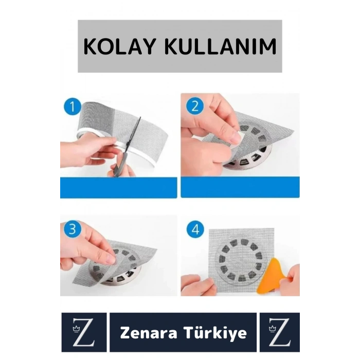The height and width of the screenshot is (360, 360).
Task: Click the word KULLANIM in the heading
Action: point(221,47)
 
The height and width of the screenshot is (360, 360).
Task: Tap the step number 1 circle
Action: point(72,107)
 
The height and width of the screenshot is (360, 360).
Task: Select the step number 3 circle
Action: point(71,229)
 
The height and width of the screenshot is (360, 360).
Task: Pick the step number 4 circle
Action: point(194,230)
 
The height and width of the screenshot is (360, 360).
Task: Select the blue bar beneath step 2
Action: point(240,187)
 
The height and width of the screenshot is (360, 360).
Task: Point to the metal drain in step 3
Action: point(111,273)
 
